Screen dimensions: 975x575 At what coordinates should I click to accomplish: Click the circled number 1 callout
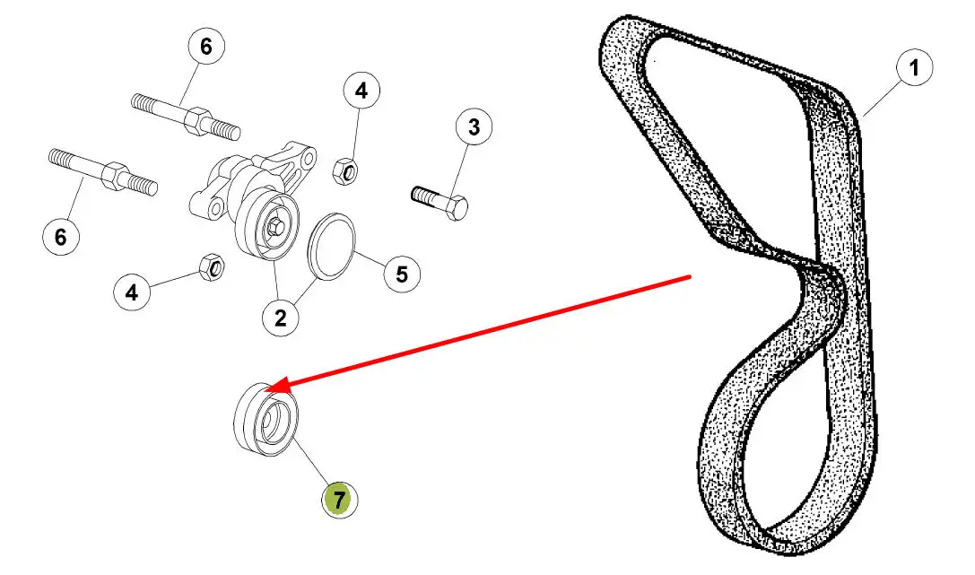914,67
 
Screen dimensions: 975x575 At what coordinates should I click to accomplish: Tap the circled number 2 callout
281,318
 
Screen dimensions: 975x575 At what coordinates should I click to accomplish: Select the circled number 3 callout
474,126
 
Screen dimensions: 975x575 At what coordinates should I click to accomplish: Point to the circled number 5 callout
402,274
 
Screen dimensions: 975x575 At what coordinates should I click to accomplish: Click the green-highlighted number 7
339,499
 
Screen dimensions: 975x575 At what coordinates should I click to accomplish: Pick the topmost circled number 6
205,46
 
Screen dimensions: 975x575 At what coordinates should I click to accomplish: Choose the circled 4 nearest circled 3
361,91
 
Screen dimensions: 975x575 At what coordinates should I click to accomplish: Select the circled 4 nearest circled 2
132,292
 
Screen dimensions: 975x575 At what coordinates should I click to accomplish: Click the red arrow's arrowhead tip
266,390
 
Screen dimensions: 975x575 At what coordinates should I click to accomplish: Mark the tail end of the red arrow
691,276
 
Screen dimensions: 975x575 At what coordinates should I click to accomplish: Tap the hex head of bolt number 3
457,206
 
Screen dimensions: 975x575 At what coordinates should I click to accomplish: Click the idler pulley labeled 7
266,420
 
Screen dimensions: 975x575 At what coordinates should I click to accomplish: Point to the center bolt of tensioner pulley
274,226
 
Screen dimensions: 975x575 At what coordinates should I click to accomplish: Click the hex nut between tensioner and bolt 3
344,171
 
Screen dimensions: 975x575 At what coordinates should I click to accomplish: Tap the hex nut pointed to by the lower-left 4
213,266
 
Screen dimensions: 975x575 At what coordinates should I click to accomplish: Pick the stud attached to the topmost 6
186,117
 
